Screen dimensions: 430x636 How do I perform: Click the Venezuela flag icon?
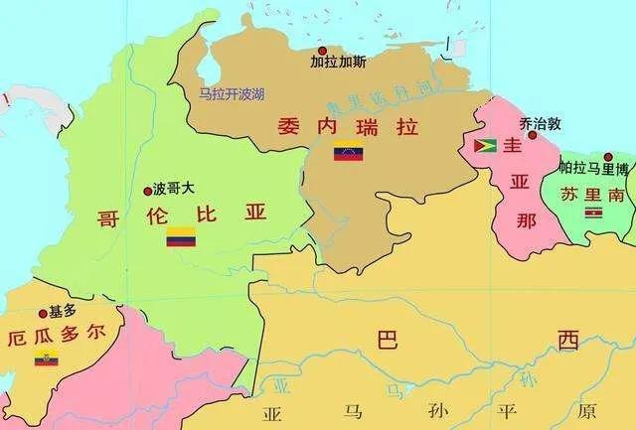coord(348,154)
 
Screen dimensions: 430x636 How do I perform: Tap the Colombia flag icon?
coord(181,236)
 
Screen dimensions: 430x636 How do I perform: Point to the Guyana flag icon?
coord(486,146)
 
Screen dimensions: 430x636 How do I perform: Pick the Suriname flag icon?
coord(593,211)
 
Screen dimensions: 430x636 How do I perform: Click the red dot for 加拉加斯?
coord(321,50)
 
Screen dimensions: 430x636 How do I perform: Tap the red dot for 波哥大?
coord(147,189)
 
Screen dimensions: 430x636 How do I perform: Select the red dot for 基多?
coord(42,313)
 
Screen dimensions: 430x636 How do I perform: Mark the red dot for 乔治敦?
coord(533,135)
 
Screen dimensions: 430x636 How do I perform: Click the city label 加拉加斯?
coord(338,62)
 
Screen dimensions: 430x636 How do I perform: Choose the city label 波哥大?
coord(173,188)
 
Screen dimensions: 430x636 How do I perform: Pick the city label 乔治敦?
coord(541,123)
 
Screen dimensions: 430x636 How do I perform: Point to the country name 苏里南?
coord(592,194)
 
